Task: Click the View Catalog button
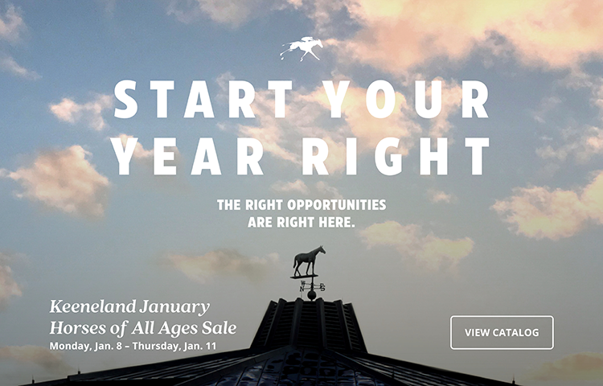(502, 333)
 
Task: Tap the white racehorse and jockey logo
(301, 49)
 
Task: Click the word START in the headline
(203, 99)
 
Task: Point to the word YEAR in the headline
(187, 156)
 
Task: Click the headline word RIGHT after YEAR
(396, 156)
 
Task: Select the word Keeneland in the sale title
(93, 306)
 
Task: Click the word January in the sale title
(174, 307)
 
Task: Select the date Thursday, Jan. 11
(174, 346)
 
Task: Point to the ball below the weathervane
(311, 295)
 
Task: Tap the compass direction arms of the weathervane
(312, 286)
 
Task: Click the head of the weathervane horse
(321, 250)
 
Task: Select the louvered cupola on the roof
(308, 325)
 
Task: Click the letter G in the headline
(388, 156)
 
